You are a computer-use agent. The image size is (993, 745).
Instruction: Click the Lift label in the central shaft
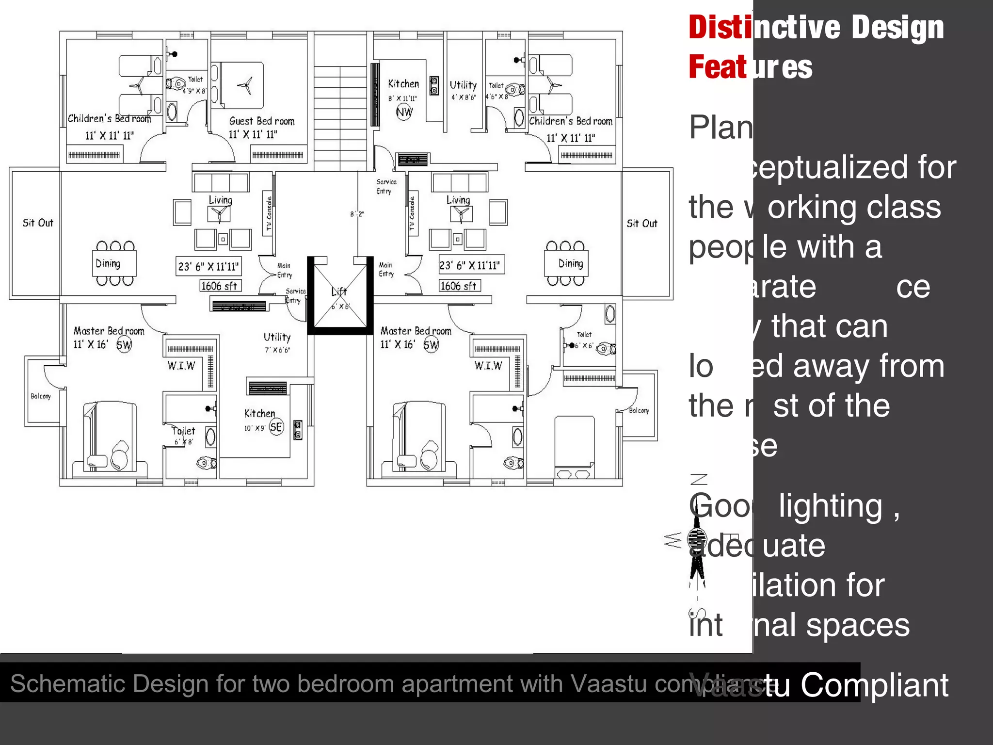339,292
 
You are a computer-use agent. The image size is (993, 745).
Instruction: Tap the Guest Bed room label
262,121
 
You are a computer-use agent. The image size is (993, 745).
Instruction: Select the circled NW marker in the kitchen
404,113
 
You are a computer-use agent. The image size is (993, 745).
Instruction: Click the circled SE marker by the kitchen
276,427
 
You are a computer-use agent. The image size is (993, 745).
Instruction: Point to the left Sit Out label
38,223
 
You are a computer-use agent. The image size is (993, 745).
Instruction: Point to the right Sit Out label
641,224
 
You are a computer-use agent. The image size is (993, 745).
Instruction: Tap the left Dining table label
108,263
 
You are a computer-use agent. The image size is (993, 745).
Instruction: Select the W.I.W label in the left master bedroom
181,366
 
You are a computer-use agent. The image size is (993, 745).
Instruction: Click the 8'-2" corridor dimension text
357,214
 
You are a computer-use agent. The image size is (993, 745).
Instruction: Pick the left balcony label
41,396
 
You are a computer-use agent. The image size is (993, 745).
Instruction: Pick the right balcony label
639,410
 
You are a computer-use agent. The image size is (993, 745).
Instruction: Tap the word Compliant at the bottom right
874,685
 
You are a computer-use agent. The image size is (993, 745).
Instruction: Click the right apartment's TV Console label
412,213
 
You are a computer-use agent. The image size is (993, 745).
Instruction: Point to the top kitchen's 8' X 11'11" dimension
402,98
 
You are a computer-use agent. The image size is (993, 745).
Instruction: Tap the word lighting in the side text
831,506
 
